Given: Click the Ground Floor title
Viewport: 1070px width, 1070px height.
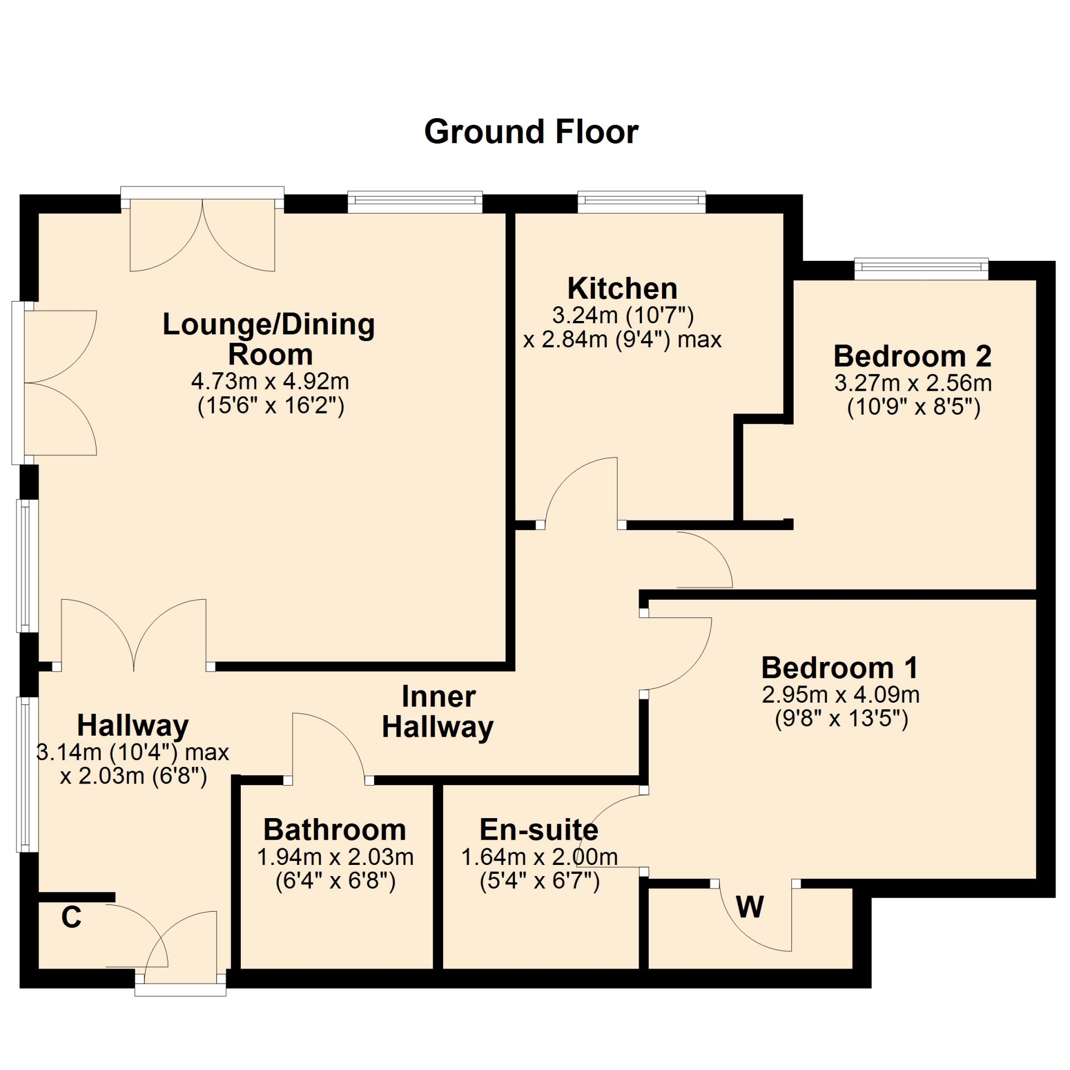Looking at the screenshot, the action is click(x=531, y=133).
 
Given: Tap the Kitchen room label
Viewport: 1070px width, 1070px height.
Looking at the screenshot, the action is click(x=622, y=289).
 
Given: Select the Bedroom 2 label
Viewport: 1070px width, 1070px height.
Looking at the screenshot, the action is click(x=912, y=356).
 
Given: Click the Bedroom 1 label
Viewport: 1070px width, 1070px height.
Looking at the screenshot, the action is click(x=840, y=668).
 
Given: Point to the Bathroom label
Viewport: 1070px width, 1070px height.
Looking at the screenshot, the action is click(x=334, y=830).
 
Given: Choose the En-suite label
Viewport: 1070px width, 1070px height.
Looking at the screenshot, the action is click(x=539, y=830).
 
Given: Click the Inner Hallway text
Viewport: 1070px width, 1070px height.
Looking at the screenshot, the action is click(x=438, y=712).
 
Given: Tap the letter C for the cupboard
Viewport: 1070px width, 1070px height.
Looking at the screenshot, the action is click(x=71, y=917).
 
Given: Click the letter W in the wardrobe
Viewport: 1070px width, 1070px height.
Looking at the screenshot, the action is click(x=750, y=908).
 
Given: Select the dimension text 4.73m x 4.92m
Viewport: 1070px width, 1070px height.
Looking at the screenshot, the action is click(x=270, y=382).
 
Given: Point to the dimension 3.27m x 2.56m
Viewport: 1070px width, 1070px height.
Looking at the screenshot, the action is click(x=913, y=383).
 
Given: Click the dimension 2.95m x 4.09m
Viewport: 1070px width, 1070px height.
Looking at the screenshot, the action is click(x=840, y=695).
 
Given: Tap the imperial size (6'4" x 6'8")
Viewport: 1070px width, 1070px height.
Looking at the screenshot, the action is click(x=335, y=881).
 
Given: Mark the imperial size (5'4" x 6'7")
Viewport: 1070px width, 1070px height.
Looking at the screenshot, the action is click(x=539, y=881).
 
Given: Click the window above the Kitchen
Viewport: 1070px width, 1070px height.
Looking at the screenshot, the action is click(x=641, y=201).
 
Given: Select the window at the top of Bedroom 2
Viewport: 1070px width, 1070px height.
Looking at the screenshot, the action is click(x=921, y=269).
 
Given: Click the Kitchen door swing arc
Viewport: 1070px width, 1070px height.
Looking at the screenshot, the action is click(x=568, y=470).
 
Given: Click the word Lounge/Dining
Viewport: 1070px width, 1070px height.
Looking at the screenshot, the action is click(x=269, y=324).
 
